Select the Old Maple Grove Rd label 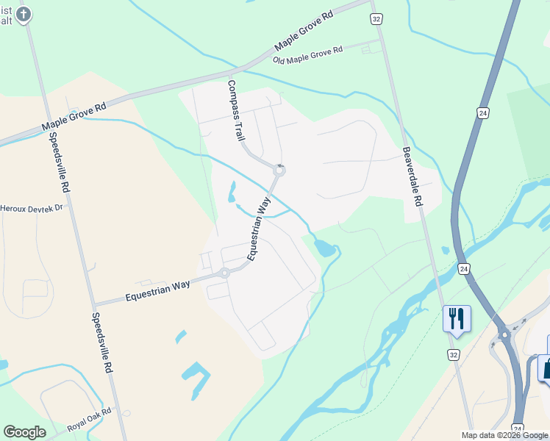[x=307, y=54]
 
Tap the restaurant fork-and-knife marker [x=457, y=319]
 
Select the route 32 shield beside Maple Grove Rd [x=376, y=20]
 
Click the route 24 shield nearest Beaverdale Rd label [x=482, y=112]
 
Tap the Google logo [x=24, y=431]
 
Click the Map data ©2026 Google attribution [x=504, y=435]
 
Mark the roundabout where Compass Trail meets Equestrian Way [x=279, y=171]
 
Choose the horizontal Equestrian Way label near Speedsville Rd [x=157, y=289]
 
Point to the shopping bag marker [x=546, y=368]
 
